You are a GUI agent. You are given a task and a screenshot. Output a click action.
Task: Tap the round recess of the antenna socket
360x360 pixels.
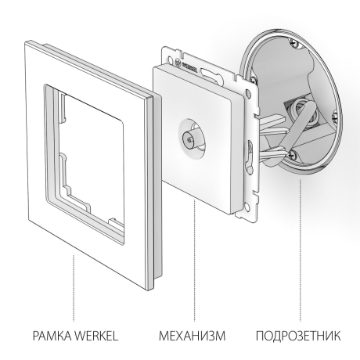[x=191, y=133]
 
